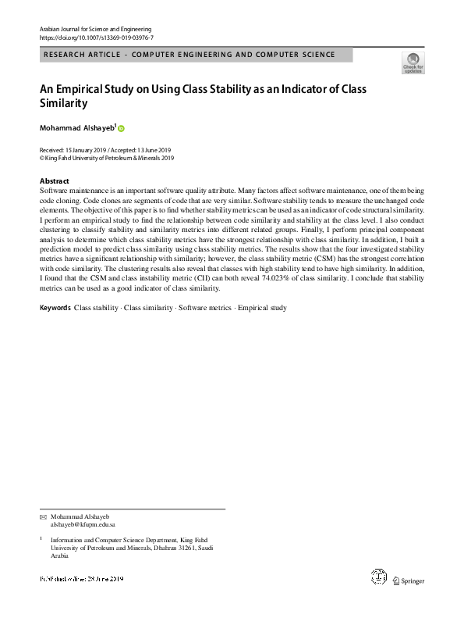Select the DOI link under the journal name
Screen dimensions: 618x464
click(x=97, y=37)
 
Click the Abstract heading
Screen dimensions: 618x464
click(x=54, y=180)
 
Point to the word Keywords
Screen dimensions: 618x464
click(x=55, y=308)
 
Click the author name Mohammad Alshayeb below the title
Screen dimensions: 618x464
click(x=76, y=127)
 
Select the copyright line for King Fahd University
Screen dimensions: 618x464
click(x=106, y=157)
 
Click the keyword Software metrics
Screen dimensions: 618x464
click(x=205, y=308)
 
